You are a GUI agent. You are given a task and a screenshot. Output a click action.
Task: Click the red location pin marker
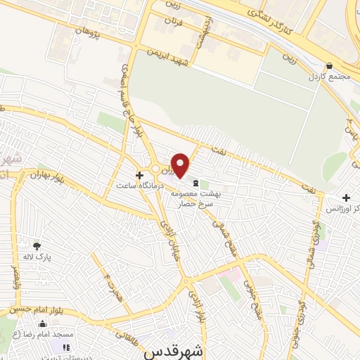[181, 165]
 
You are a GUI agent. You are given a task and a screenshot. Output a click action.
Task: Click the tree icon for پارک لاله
[37, 245]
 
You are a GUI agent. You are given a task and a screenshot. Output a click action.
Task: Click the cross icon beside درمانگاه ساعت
[139, 174]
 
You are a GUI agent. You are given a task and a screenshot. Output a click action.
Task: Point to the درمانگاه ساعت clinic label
[141, 185]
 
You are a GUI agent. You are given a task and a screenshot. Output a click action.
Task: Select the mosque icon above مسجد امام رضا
[42, 324]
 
